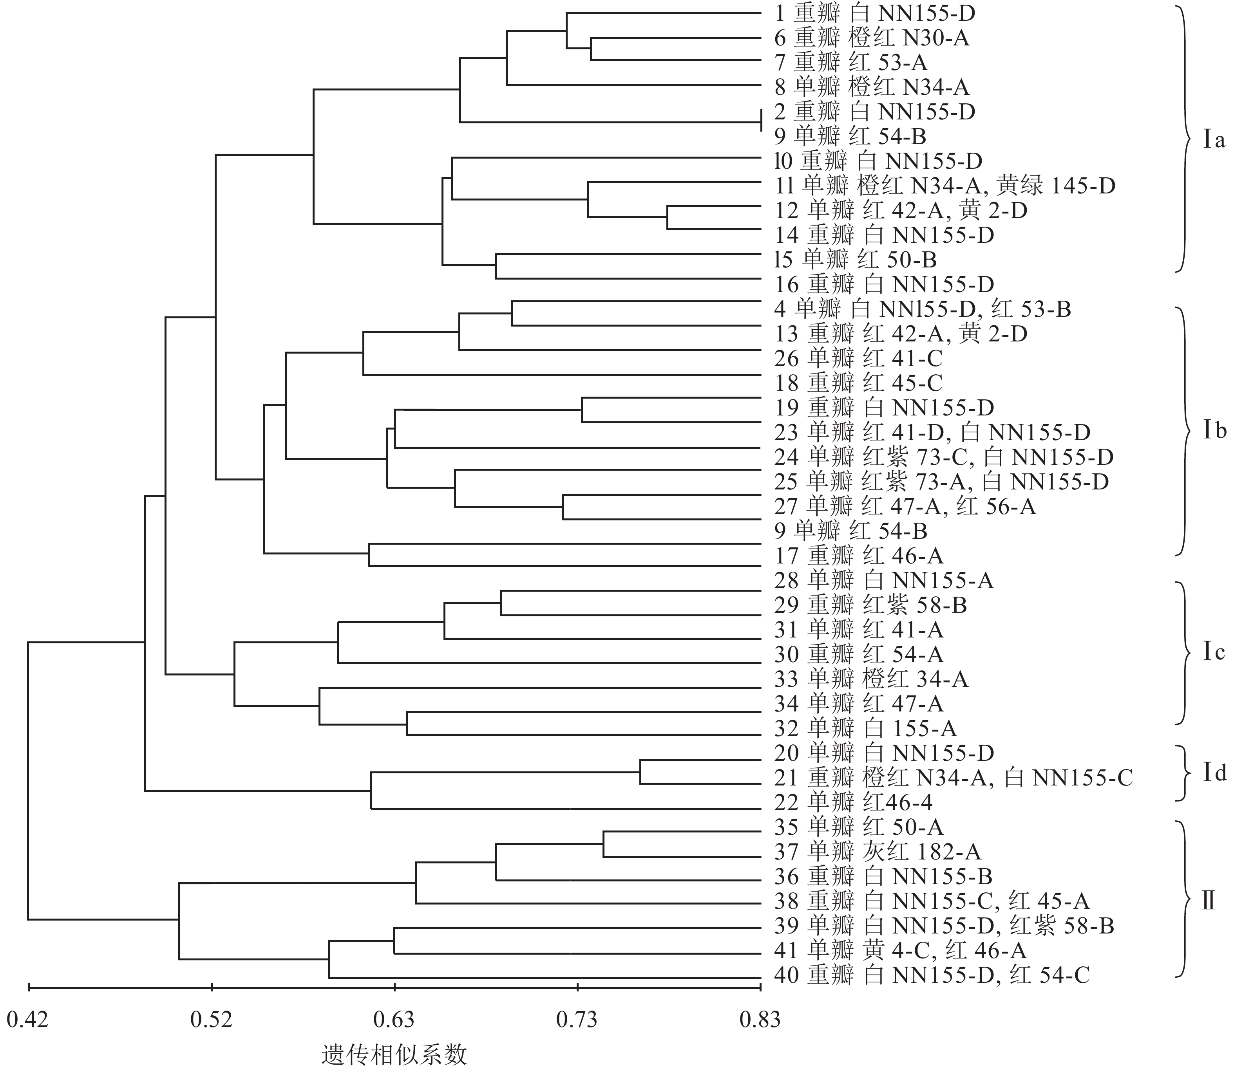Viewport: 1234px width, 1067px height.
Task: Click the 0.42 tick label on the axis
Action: (x=27, y=1020)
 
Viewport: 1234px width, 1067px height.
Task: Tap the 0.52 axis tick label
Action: (x=211, y=1020)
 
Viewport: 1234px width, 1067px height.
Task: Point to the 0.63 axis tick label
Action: (x=394, y=1020)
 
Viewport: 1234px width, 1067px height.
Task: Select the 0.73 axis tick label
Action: (x=577, y=1020)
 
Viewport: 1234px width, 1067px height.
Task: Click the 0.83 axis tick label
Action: (x=760, y=1020)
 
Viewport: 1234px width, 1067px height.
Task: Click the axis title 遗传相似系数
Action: (x=394, y=1054)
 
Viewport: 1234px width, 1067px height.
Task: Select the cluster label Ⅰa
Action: (x=1207, y=141)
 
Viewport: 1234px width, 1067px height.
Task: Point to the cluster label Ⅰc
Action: (x=1207, y=653)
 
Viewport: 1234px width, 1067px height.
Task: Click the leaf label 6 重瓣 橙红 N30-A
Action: (x=872, y=38)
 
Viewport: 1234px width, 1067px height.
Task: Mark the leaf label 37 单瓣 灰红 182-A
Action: (x=877, y=852)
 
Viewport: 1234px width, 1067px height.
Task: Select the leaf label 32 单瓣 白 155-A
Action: (x=865, y=728)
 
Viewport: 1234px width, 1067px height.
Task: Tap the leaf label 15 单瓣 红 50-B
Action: (x=856, y=260)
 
